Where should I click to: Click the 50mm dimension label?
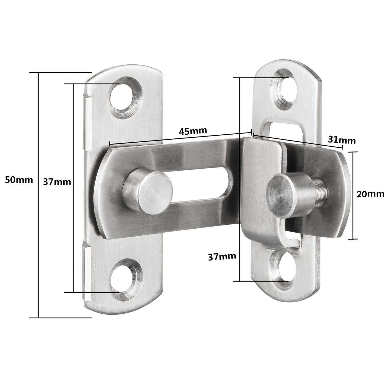coord(19,180)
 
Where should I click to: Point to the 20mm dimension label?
coord(371,194)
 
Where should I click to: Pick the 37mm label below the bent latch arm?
coord(222,256)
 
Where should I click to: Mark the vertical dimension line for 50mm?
coord(39,195)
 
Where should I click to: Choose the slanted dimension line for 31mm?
coord(297,141)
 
